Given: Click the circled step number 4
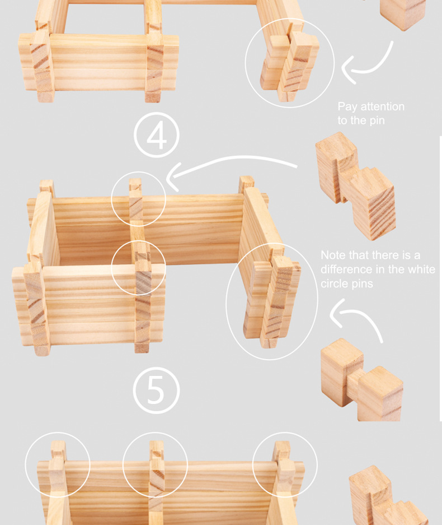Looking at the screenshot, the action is pyautogui.click(x=157, y=135).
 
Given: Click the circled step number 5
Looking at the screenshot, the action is pyautogui.click(x=156, y=390).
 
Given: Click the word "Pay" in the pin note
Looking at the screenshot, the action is pyautogui.click(x=347, y=107).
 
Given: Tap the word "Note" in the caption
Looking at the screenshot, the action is pyautogui.click(x=333, y=255).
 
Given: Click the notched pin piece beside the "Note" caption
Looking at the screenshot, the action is pyautogui.click(x=356, y=186).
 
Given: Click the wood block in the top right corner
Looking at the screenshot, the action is pyautogui.click(x=403, y=13).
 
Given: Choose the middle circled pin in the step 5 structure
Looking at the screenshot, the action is pyautogui.click(x=156, y=469).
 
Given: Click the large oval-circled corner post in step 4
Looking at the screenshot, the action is pyautogui.click(x=271, y=301).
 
